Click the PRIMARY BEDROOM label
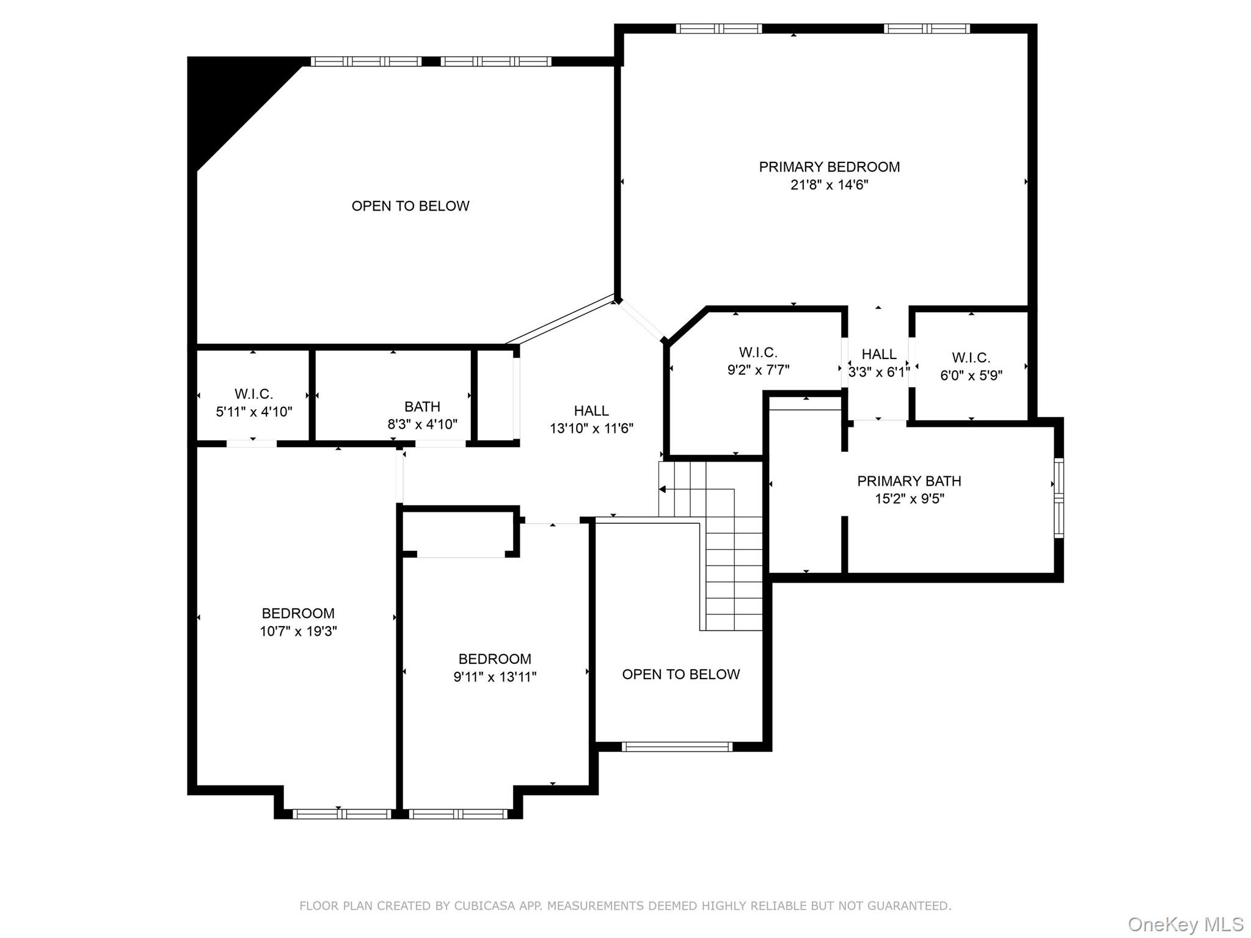[829, 167]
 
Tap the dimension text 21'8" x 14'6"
[829, 184]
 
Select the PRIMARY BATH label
[909, 481]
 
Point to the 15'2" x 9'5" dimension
[909, 498]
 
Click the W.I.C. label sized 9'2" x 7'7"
[757, 352]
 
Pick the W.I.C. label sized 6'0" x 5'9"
[971, 357]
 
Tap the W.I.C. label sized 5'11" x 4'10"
[253, 394]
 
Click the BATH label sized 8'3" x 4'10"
[422, 407]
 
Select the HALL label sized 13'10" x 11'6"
[591, 410]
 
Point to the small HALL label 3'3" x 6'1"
[878, 354]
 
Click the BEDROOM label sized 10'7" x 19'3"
[298, 613]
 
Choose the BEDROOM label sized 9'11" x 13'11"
[495, 659]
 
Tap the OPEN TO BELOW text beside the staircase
[680, 674]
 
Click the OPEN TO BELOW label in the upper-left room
[410, 206]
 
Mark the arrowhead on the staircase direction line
[662, 489]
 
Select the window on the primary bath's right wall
[1059, 498]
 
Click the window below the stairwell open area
[676, 746]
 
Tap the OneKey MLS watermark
[1185, 925]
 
